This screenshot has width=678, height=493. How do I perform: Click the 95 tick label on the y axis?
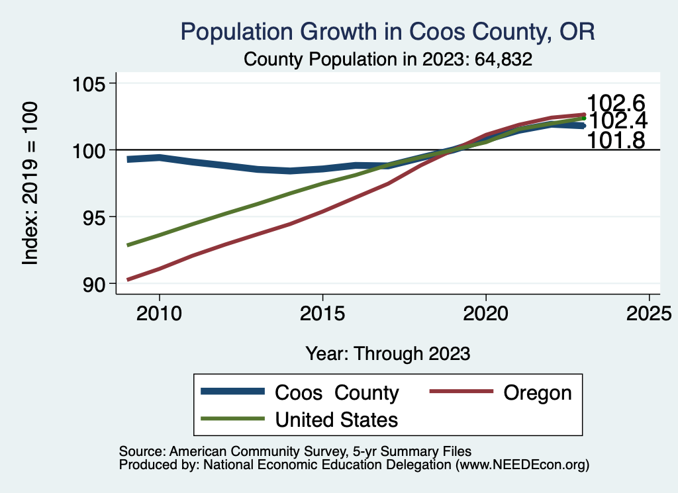[x=93, y=217]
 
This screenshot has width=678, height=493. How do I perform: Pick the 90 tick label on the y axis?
[x=93, y=284]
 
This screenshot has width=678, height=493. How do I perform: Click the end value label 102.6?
[x=616, y=103]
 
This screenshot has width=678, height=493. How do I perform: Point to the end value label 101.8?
[x=616, y=140]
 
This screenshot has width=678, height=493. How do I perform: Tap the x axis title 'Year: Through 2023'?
[x=388, y=353]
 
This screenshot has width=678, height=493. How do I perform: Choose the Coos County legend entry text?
[x=336, y=393]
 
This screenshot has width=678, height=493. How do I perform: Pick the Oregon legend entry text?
[x=537, y=392]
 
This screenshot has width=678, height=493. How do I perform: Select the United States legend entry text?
[x=336, y=420]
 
